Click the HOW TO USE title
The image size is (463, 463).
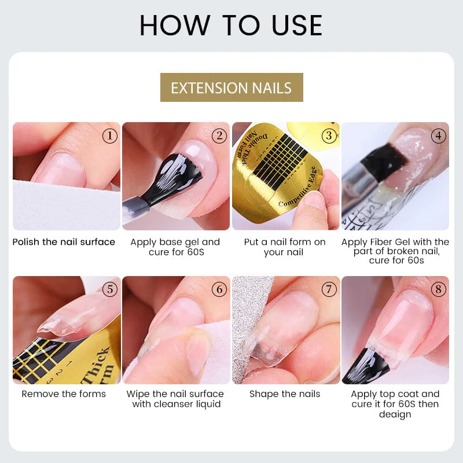[231, 25]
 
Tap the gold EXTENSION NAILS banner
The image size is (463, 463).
[231, 88]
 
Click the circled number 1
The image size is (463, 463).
[109, 136]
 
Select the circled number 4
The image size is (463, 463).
[438, 136]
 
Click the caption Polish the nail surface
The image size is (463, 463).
[64, 242]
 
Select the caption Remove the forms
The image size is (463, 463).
[64, 394]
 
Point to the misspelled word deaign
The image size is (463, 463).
[395, 414]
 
